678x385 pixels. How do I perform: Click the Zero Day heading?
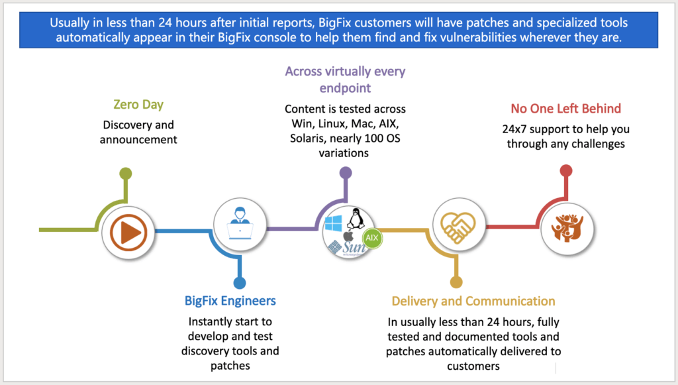[x=138, y=105]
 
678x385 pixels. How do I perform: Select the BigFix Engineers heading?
[x=230, y=301]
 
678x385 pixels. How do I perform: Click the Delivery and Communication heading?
[x=473, y=301]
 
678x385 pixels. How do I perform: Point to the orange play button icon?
[x=129, y=232]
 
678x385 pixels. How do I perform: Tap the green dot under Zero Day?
[x=126, y=174]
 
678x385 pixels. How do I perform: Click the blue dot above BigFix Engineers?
[x=239, y=282]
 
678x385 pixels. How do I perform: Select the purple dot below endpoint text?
[x=345, y=172]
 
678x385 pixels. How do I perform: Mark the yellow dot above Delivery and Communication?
[x=456, y=282]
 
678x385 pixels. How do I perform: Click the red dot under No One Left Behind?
[x=565, y=170]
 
